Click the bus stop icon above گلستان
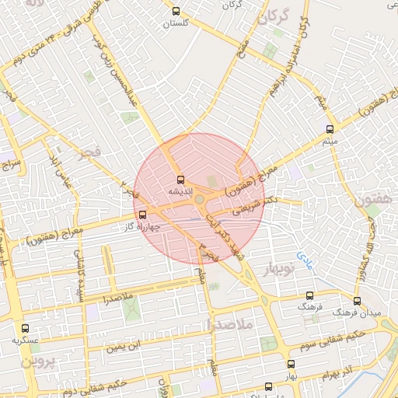176,12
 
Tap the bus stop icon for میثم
330,129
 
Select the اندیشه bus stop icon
180,180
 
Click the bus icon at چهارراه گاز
141,215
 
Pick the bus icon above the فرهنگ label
309,296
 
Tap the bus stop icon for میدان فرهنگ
357,301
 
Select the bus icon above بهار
291,364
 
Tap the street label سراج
12,165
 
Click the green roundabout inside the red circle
200,200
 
